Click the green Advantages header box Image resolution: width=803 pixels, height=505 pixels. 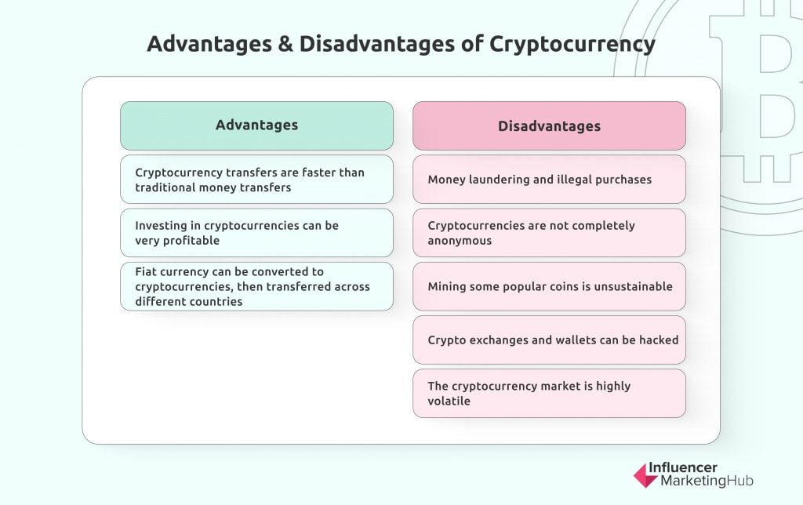point(256,125)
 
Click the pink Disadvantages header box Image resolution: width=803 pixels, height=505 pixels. point(549,125)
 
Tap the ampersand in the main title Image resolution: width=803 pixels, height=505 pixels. point(285,44)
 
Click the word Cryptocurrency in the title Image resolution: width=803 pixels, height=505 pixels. point(572,45)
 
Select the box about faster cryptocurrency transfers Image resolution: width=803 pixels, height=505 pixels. point(256,180)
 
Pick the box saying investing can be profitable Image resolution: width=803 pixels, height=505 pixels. point(256,233)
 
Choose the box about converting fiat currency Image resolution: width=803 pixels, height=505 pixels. point(256,286)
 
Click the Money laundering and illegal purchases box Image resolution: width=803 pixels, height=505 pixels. point(549,180)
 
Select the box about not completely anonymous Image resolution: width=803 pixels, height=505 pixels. point(549,233)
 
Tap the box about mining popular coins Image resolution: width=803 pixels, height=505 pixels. point(549,286)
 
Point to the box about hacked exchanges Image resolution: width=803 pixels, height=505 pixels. point(549,340)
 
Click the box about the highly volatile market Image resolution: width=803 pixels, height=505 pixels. point(549,394)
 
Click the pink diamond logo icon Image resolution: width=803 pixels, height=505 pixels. point(645,475)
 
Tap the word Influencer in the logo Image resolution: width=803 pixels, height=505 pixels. point(683,467)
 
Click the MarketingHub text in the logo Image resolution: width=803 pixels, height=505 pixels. point(707,481)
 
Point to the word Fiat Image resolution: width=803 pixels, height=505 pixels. point(145,271)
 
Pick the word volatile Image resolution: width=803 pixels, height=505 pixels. point(449,401)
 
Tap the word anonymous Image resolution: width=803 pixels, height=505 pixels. point(460,242)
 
